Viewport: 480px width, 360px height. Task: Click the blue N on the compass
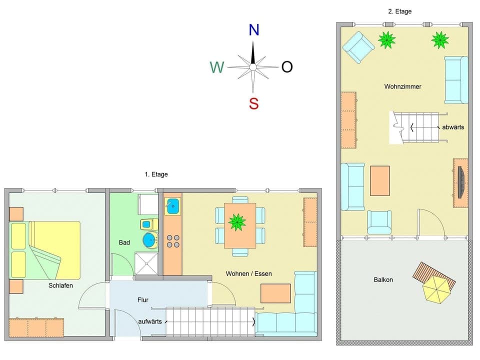tap(254, 30)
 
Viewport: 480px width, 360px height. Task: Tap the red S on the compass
tap(254, 103)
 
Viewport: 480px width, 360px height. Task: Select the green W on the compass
tap(216, 67)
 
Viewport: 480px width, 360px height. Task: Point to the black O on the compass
tap(286, 67)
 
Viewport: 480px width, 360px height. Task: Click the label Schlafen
tap(60, 285)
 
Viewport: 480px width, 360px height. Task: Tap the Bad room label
tap(124, 242)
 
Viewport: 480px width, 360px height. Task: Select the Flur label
tap(143, 300)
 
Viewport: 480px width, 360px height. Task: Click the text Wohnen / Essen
tap(249, 273)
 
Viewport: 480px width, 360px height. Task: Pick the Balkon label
tap(383, 279)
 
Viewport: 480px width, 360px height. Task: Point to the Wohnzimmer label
tap(402, 86)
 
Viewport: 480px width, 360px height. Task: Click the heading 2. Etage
tap(399, 11)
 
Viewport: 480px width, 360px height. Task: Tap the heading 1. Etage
tap(156, 174)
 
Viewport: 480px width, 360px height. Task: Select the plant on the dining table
tap(236, 221)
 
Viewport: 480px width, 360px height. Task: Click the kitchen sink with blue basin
tap(173, 206)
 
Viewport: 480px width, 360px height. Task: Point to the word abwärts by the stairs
tap(453, 127)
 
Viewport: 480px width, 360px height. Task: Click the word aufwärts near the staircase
tap(150, 321)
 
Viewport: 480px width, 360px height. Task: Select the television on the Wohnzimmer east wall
tap(460, 182)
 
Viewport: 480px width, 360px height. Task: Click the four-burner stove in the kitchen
tap(173, 241)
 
